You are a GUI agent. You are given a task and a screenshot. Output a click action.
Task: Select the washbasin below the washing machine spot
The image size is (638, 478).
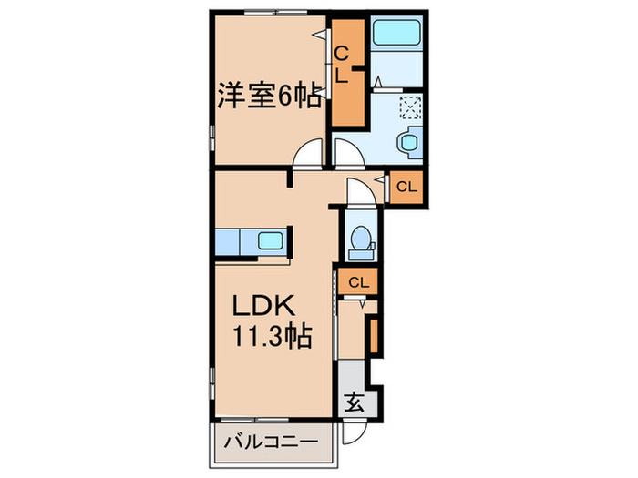408,140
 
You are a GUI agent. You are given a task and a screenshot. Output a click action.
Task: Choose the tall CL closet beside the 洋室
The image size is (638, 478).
347,73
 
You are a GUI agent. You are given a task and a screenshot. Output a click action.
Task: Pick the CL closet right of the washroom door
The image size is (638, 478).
406,188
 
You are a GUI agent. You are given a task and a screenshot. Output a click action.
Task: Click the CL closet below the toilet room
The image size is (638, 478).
358,282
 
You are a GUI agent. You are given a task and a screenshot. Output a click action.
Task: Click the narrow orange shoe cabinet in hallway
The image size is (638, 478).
372,332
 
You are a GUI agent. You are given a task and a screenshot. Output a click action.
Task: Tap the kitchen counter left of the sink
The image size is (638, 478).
228,242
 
